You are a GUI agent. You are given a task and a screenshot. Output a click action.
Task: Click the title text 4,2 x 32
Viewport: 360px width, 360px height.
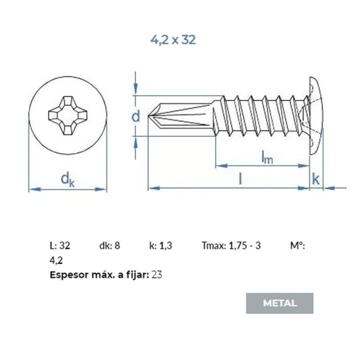tap(173, 40)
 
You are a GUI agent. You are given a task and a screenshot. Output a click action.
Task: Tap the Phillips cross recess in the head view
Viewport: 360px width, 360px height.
tap(68, 116)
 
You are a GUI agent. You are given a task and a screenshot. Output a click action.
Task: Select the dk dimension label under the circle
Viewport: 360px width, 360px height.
tap(67, 180)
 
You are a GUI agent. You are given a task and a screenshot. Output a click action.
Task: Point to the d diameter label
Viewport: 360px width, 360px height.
tap(136, 116)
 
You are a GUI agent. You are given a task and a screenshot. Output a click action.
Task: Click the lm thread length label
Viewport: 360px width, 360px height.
tap(267, 157)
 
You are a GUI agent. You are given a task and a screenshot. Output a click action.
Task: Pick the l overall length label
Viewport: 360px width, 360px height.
tap(240, 179)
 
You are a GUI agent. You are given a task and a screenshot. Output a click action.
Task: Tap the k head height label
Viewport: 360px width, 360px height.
tap(316, 179)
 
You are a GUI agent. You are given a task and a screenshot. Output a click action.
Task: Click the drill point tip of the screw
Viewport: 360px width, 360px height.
tap(148, 115)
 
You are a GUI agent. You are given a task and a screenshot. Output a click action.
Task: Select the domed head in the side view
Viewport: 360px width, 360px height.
tap(316, 116)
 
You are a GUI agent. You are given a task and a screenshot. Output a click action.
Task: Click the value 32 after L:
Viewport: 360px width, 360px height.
tap(64, 246)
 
